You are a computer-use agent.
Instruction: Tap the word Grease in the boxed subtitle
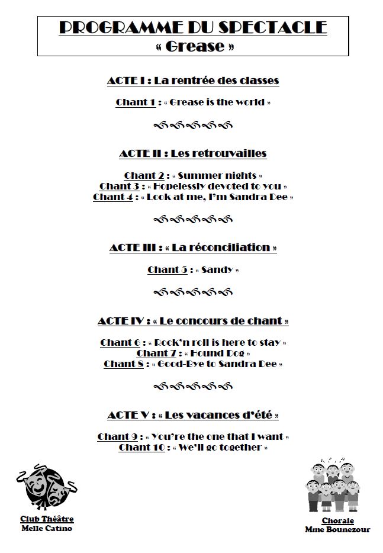click(192, 46)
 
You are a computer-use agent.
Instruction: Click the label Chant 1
click(135, 102)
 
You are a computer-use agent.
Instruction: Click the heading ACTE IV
click(121, 321)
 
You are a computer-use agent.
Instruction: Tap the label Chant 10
click(141, 447)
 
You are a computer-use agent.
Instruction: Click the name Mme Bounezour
click(338, 529)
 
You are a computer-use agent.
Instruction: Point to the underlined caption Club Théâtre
click(46, 519)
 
